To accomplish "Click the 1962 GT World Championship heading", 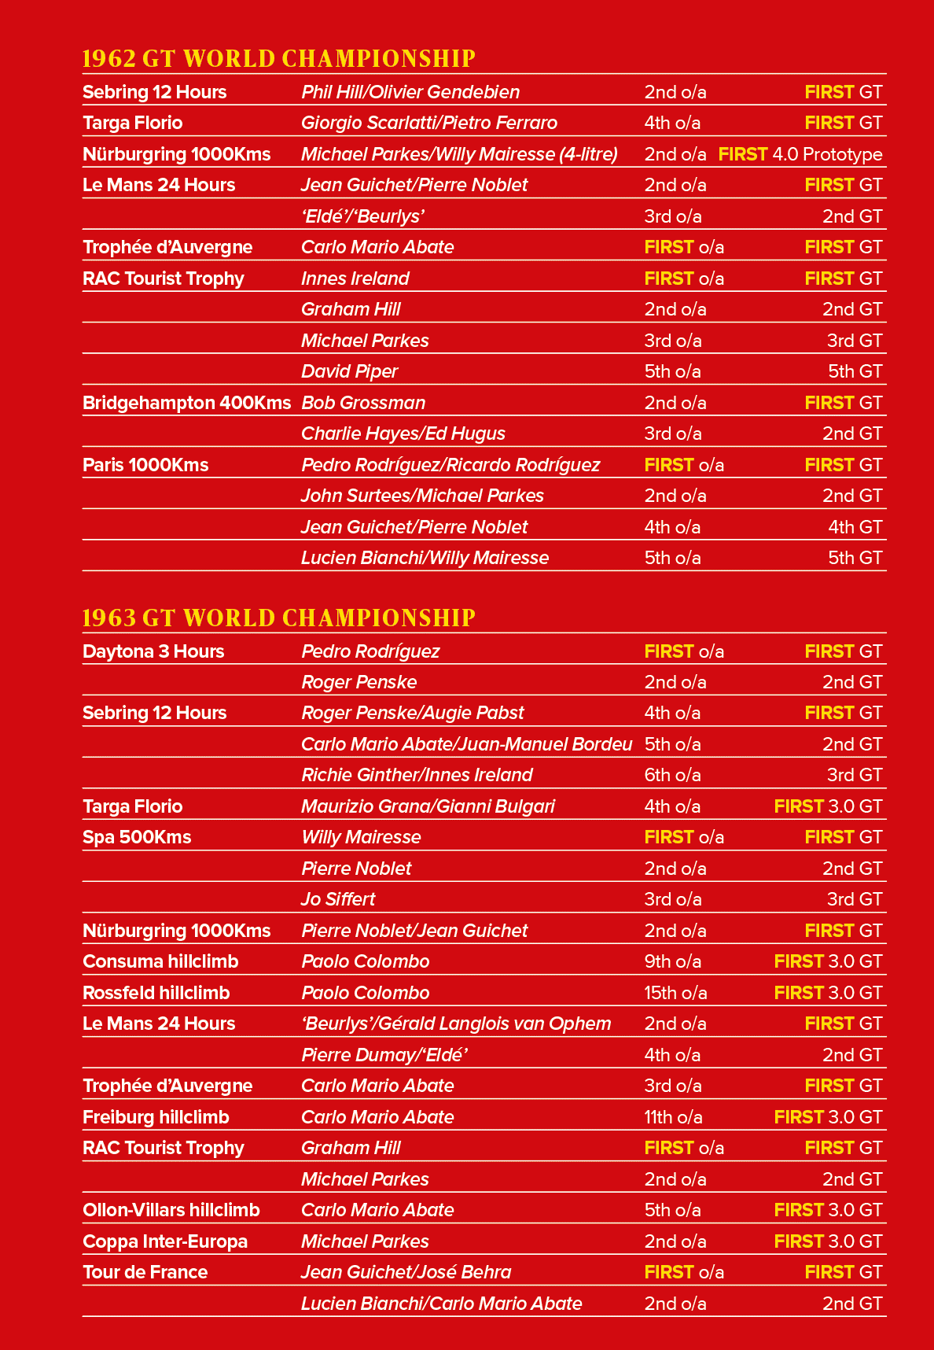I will [x=279, y=59].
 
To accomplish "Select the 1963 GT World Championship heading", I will [x=279, y=618].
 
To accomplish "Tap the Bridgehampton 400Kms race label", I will [x=187, y=403].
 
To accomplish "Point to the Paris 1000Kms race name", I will [x=145, y=465].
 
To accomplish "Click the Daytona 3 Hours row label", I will [x=153, y=651].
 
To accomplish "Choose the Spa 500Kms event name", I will [x=137, y=837].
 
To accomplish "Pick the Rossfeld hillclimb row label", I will [x=156, y=993].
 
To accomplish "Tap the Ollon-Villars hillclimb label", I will [x=171, y=1210].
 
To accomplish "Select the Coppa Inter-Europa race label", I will [x=165, y=1241].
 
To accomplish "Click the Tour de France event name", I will [x=145, y=1272].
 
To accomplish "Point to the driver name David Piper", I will [x=350, y=371].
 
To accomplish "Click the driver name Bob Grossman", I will [x=363, y=403].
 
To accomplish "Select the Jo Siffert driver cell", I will [x=338, y=899].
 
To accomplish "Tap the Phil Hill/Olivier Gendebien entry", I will [x=410, y=92].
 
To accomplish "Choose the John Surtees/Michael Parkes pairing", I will [x=423, y=496].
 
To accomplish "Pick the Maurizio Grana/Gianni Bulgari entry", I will [x=428, y=806].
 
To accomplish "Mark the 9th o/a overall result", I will [x=673, y=961].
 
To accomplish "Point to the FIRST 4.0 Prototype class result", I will [x=800, y=154].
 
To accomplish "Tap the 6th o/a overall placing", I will [x=673, y=775].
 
